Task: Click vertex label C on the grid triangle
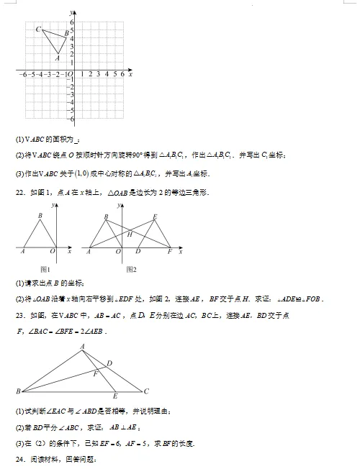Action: pyautogui.click(x=38, y=28)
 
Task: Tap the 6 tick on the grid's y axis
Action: pyautogui.click(x=71, y=22)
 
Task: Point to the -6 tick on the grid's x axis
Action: pyautogui.click(x=24, y=74)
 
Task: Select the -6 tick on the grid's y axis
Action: pyautogui.click(x=70, y=119)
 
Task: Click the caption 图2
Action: pyautogui.click(x=131, y=268)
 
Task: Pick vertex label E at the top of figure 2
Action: pyautogui.click(x=155, y=217)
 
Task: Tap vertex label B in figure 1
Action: pyautogui.click(x=40, y=216)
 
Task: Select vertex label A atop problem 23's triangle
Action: pyautogui.click(x=82, y=346)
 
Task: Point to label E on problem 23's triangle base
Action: pyautogui.click(x=116, y=397)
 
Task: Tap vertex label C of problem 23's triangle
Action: pyautogui.click(x=146, y=391)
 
